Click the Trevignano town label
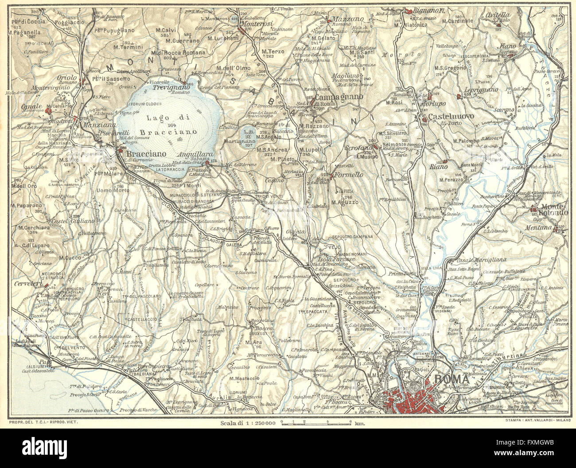[x=171, y=88]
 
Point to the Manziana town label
[x=89, y=125]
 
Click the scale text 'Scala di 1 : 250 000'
[x=248, y=423]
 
